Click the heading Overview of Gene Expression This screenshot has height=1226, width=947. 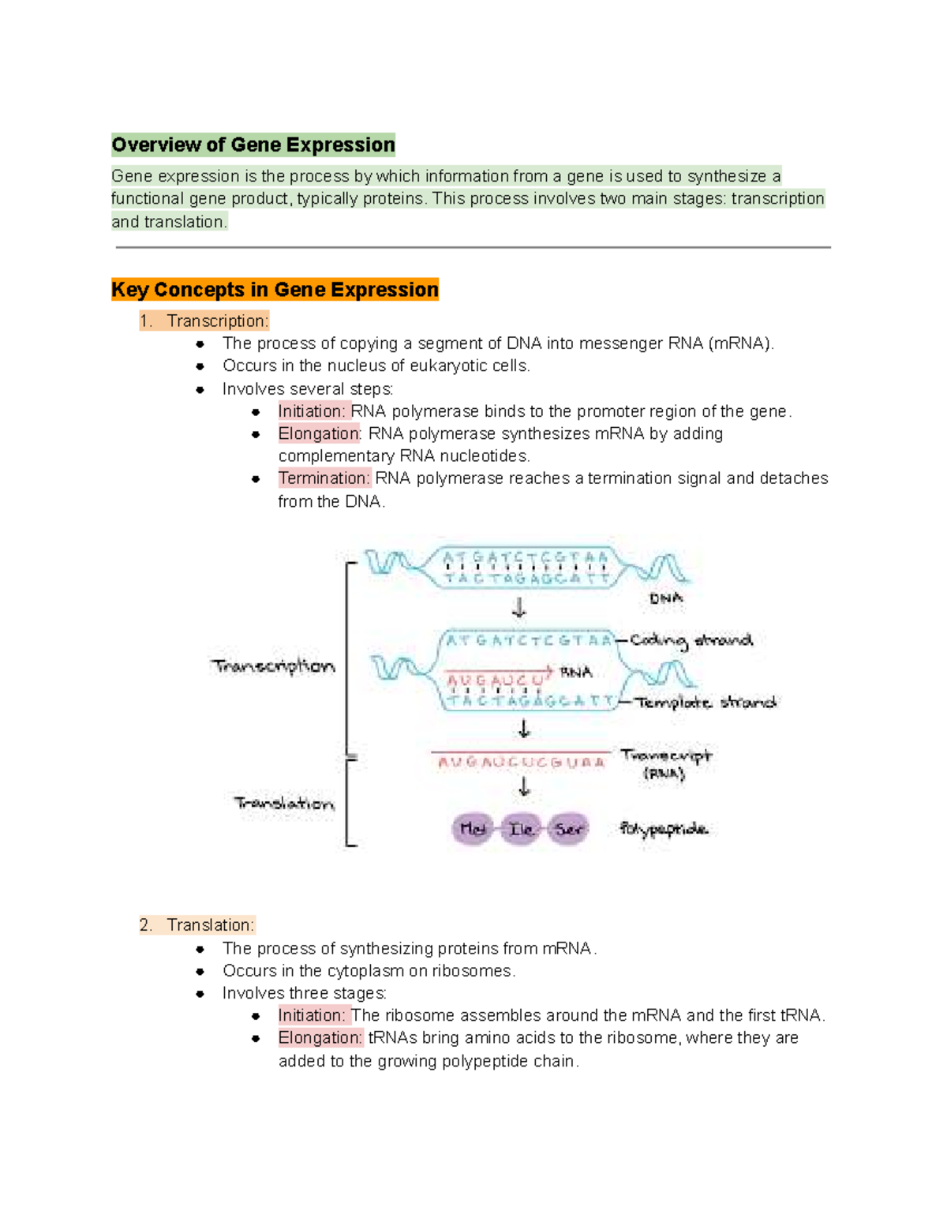coord(253,145)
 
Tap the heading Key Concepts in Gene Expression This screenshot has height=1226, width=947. coord(275,290)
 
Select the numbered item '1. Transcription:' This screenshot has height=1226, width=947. coord(204,321)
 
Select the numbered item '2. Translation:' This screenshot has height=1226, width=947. coord(197,925)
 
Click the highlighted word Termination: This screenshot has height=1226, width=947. coord(324,478)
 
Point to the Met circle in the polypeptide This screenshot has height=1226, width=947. coord(473,829)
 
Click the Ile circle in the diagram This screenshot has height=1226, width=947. coord(521,829)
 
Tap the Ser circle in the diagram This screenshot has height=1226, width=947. coord(569,829)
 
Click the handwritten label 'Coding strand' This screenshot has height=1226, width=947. coord(691,640)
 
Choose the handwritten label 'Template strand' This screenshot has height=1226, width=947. coord(706,702)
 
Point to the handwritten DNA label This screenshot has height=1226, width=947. coord(666,598)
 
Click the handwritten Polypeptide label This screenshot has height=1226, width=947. coord(664,829)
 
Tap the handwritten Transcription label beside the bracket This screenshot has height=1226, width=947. coord(273,666)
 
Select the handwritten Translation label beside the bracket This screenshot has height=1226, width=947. coord(284,804)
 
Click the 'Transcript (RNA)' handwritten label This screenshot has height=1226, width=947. coord(665,763)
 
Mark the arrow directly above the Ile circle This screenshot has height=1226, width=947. coord(524,786)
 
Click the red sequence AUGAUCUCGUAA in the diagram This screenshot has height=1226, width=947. coord(522,763)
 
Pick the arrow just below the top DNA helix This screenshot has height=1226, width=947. coord(519,607)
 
